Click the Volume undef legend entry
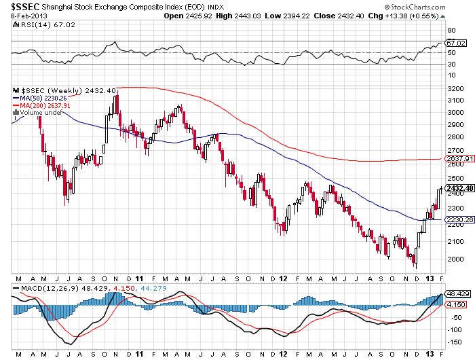[38, 113]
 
